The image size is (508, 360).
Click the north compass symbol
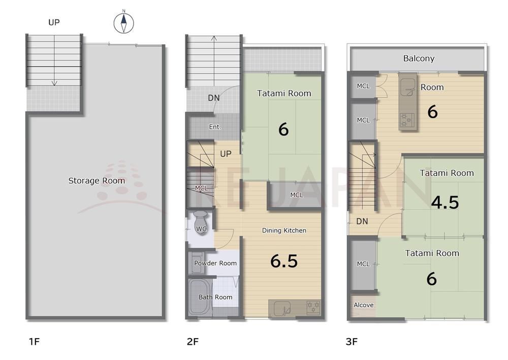pos(123,23)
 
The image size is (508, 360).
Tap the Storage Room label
pos(97,181)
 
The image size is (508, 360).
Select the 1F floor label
pos(34,342)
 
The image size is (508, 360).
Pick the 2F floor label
pos(193,342)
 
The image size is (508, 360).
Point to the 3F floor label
pos(352,342)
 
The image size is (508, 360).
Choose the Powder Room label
pos(215,263)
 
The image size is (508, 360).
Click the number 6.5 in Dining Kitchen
pos(284,261)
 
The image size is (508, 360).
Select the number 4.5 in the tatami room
pos(445,202)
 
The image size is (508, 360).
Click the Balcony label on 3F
pos(419,58)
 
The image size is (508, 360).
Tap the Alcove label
pos(364,305)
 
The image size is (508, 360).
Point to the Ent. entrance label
pos(215,127)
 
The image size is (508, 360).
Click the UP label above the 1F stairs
pos(54,22)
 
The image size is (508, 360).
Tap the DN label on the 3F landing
pos(362,221)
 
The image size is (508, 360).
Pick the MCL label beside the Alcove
pos(363,264)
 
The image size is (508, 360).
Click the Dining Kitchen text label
pos(284,230)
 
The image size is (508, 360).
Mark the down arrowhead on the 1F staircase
pos(54,83)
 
